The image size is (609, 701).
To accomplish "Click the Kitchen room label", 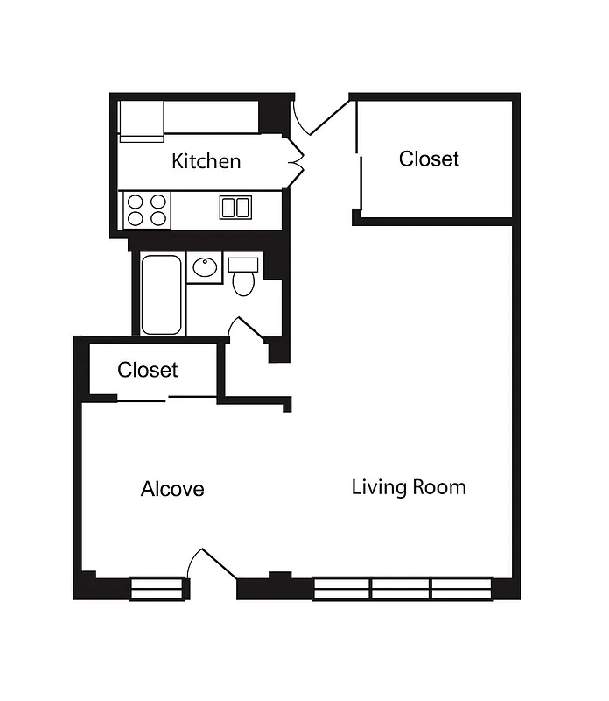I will click(206, 161).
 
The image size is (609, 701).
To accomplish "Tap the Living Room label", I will click(409, 487).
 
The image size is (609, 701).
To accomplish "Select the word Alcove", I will click(172, 489).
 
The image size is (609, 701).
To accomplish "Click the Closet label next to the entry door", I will click(429, 159).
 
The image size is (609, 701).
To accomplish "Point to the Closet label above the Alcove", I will click(148, 370).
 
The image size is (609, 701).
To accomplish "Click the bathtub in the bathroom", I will click(161, 294).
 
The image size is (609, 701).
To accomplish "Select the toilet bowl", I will click(242, 283).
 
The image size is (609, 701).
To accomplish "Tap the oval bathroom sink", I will click(206, 267).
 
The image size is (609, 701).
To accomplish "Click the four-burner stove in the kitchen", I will click(146, 209).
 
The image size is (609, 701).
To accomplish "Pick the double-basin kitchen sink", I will click(234, 208).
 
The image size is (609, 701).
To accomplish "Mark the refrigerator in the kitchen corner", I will click(142, 120).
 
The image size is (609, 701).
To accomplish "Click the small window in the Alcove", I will click(158, 588).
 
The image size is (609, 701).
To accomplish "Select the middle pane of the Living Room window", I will click(401, 588).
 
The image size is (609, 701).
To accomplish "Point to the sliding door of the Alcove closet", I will click(166, 400).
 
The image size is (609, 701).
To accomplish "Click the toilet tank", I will click(243, 263).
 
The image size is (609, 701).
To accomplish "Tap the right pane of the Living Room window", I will click(461, 588).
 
